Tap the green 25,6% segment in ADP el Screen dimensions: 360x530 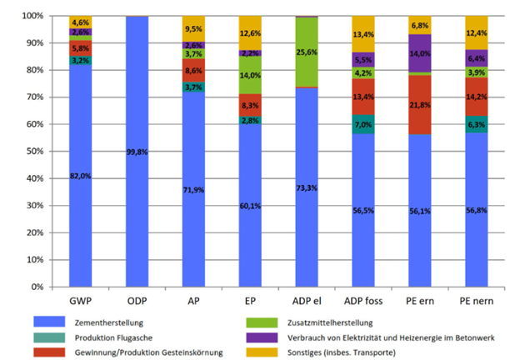point(307,52)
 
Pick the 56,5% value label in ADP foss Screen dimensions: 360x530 point(364,210)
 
